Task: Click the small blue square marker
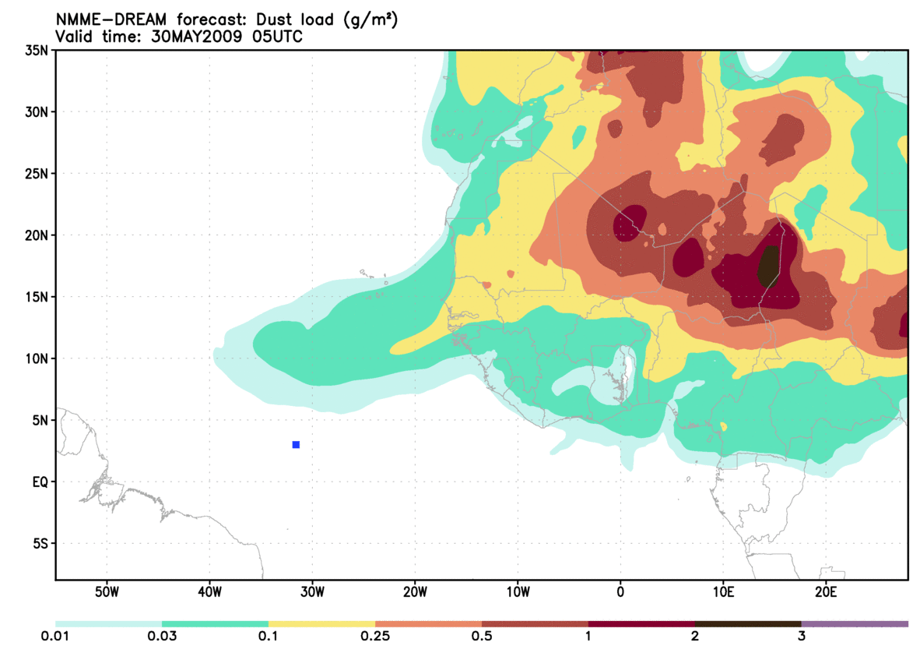[296, 445]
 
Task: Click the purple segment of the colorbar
[855, 624]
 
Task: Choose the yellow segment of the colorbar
[321, 624]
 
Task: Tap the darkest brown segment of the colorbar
[748, 624]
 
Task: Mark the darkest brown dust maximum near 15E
[768, 266]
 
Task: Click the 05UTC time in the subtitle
[279, 37]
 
